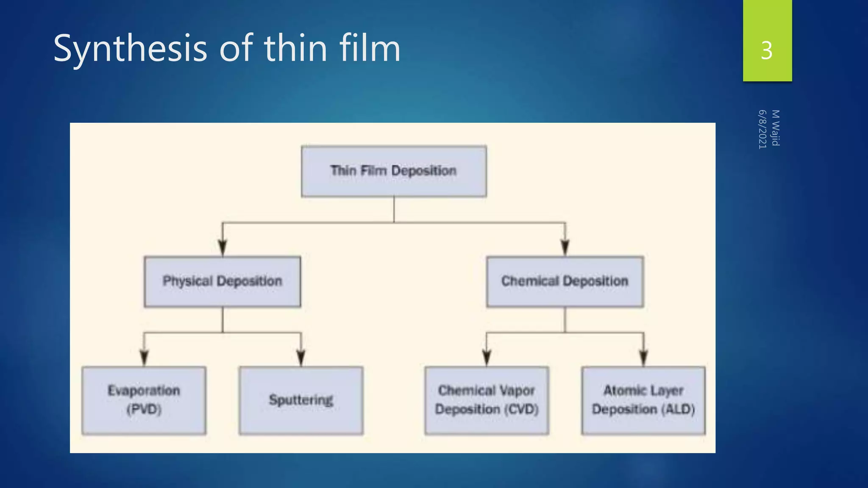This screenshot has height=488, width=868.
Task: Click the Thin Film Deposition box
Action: click(394, 171)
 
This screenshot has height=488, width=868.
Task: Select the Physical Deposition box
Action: click(223, 281)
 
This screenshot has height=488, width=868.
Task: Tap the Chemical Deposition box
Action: click(565, 281)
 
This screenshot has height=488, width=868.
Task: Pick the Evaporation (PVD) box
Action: click(144, 400)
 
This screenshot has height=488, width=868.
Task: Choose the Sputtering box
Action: click(301, 400)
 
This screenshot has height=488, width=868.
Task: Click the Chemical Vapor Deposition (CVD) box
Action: click(487, 400)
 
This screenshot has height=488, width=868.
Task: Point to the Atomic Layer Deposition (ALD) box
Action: click(643, 400)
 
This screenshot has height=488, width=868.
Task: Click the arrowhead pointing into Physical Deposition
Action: click(223, 247)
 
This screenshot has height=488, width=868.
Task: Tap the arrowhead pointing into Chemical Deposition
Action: click(565, 247)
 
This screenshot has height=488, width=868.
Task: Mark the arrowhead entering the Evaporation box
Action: click(144, 358)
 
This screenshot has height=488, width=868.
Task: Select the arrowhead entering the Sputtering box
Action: click(301, 358)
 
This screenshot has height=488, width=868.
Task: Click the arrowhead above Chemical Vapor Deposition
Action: click(487, 358)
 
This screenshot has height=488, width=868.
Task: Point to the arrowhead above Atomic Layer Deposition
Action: click(643, 358)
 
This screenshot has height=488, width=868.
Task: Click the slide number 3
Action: click(767, 51)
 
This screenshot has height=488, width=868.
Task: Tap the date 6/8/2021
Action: click(762, 129)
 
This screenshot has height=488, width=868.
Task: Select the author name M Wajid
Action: click(776, 128)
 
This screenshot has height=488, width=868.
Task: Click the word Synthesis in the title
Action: click(130, 48)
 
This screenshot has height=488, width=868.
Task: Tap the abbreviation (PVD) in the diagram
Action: click(144, 410)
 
